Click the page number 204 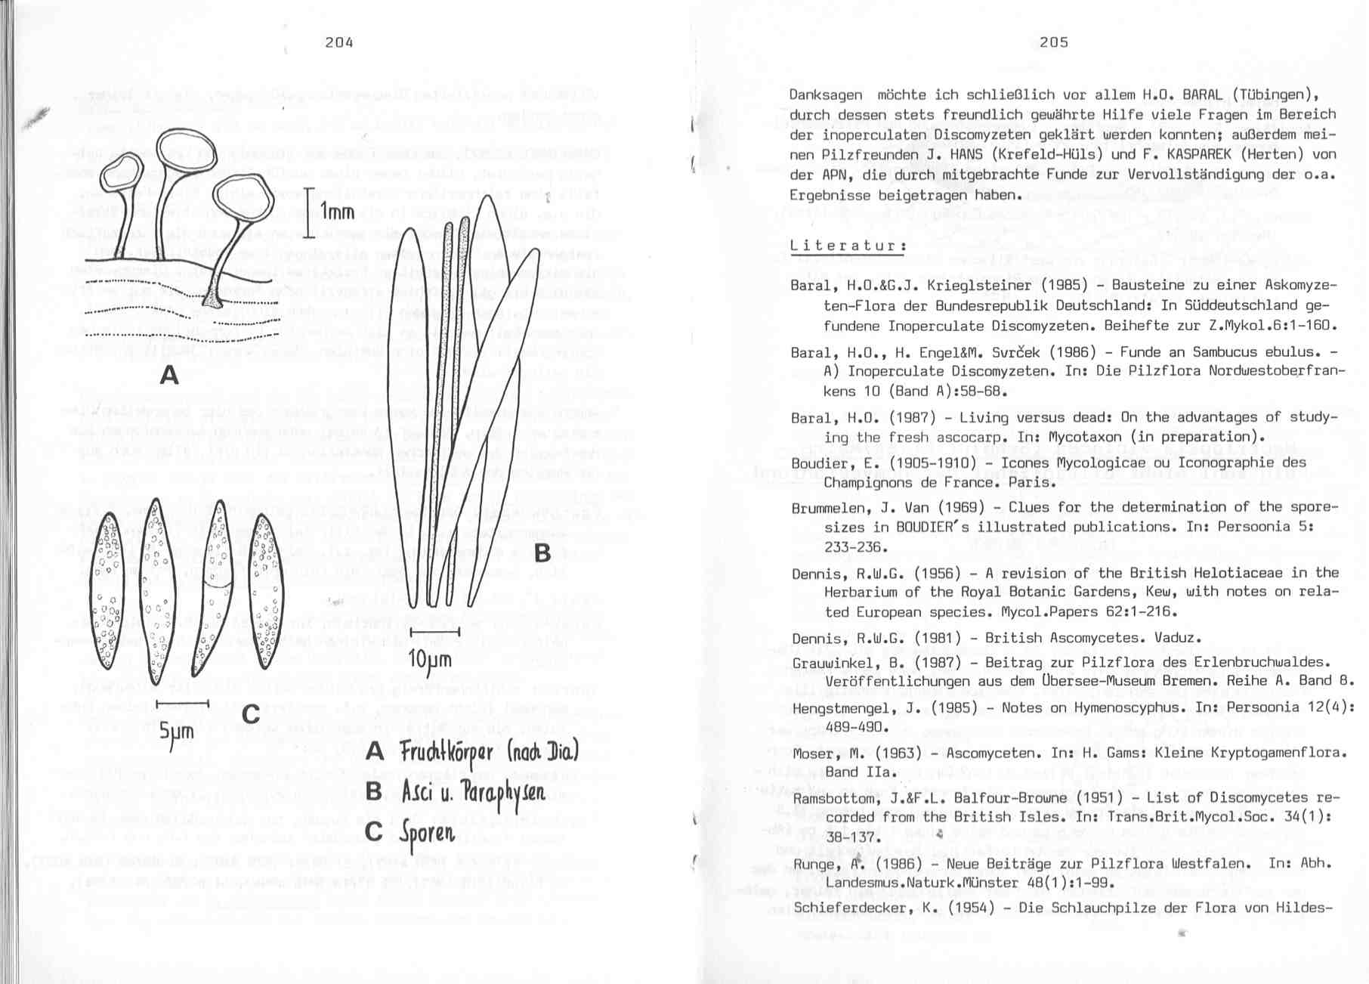(339, 42)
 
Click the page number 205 (1054, 42)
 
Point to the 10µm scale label (430, 660)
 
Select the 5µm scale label (177, 731)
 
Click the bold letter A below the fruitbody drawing (169, 374)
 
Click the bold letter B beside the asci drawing (542, 553)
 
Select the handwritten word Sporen (428, 832)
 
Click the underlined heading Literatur (847, 246)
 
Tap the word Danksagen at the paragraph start (825, 95)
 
